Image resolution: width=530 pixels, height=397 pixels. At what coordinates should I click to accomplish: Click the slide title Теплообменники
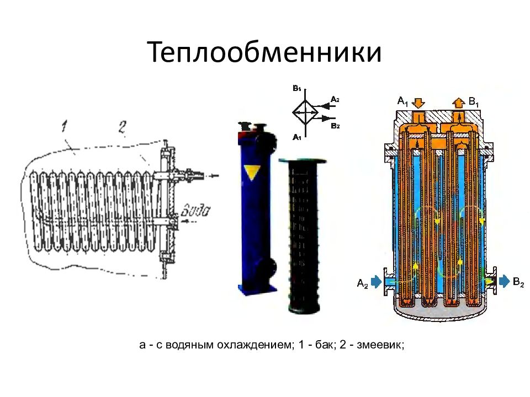264,53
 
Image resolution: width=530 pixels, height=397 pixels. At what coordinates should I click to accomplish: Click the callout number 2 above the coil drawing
121,128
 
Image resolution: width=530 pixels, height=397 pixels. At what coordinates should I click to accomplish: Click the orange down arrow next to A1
418,102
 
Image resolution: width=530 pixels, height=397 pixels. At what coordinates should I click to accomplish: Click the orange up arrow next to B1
458,102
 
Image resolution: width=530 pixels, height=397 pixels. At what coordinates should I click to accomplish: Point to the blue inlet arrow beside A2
378,282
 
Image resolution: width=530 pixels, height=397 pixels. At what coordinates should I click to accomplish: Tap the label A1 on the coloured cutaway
403,101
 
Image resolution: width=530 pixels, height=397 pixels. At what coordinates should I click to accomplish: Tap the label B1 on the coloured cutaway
474,101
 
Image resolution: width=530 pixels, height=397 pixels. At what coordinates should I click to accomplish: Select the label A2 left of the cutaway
362,284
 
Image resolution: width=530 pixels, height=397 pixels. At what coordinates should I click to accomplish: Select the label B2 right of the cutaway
518,283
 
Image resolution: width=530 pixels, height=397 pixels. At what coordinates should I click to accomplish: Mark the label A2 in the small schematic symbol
335,99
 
